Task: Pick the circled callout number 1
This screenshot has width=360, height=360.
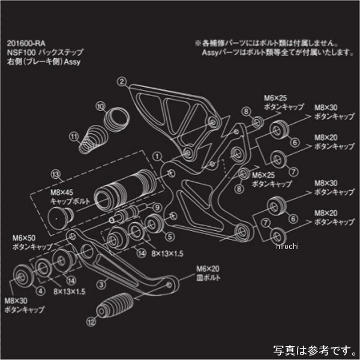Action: click(x=157, y=154)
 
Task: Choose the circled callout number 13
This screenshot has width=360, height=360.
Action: click(x=56, y=175)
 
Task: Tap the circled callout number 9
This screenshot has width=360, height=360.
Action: click(x=158, y=207)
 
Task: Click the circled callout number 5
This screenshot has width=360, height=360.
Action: click(x=170, y=236)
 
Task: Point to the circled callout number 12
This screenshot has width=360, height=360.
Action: click(x=91, y=321)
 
